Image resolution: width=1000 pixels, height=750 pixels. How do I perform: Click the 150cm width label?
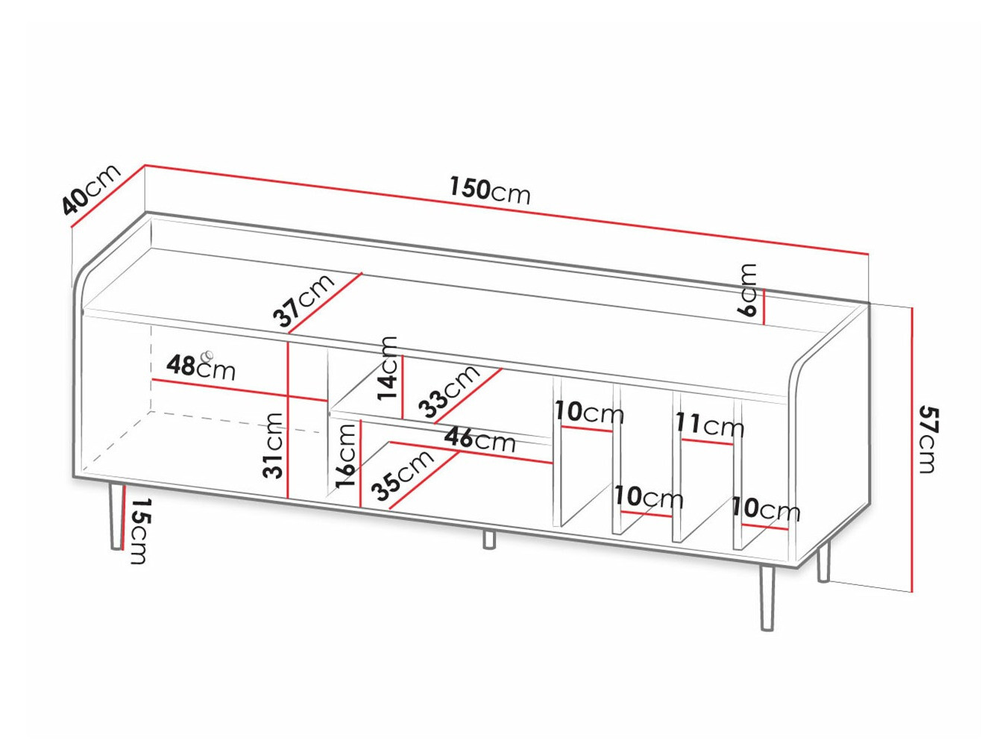489,190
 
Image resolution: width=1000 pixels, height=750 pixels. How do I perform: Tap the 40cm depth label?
90,190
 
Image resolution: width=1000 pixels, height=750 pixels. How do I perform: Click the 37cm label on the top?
304,301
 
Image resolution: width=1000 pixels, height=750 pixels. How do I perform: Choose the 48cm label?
200,366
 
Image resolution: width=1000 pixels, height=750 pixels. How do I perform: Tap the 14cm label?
388,368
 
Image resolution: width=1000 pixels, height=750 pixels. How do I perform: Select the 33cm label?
449,391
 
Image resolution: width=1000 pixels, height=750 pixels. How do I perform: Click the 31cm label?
274,445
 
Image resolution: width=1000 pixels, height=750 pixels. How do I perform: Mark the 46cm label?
479,439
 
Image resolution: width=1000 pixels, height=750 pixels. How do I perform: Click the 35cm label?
403,476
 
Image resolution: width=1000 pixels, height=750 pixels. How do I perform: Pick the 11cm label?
709,425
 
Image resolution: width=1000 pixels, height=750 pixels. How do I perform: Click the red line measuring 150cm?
507,210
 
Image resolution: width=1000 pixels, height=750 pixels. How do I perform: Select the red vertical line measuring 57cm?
911,448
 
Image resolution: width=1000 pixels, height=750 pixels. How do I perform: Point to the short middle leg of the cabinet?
488,539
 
